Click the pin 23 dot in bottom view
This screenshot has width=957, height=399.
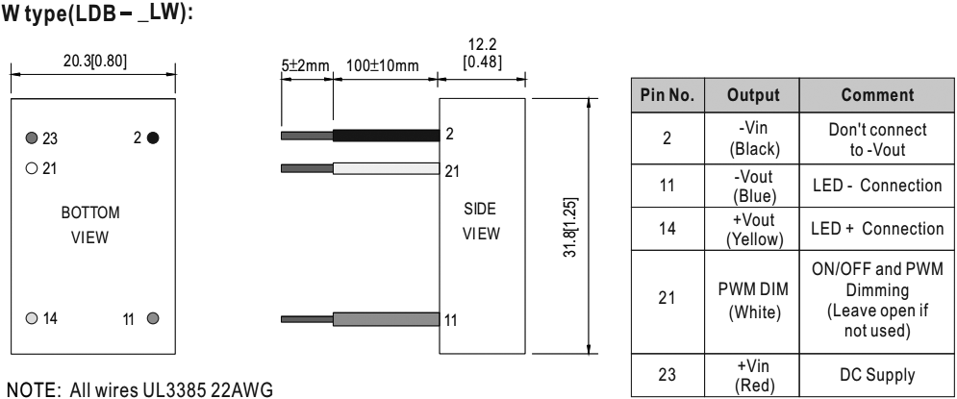(x=33, y=137)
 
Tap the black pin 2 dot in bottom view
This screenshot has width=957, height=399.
(x=153, y=137)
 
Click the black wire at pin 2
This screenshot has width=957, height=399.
(x=385, y=137)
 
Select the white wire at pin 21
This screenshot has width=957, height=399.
(x=385, y=169)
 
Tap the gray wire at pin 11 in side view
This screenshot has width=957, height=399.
(x=385, y=319)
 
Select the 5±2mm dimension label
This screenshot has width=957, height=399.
(x=305, y=64)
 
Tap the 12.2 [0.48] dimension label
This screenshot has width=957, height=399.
(x=479, y=54)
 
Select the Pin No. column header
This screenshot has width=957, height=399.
(x=667, y=97)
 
